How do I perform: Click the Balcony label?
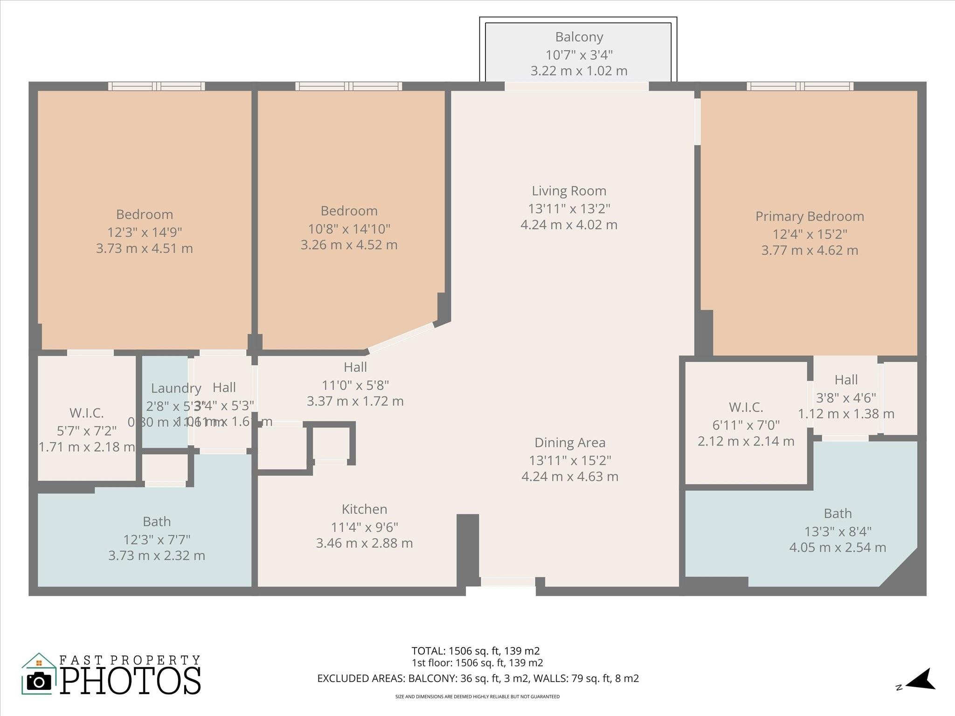click(x=579, y=37)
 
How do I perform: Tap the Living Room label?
click(x=569, y=191)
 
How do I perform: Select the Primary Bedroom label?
click(x=810, y=216)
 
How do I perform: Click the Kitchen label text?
click(x=364, y=509)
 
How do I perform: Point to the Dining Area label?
click(x=570, y=442)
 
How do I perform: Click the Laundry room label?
click(x=176, y=388)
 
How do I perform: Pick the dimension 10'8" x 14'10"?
click(x=349, y=229)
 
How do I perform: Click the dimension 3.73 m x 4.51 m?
click(x=144, y=248)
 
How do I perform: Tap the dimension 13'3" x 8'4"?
click(x=837, y=531)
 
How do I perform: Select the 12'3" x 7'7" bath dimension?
click(x=157, y=539)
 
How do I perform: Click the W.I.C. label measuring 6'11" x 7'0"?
click(x=746, y=407)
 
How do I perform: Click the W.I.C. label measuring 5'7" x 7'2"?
click(x=86, y=413)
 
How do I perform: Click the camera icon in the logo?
click(x=39, y=682)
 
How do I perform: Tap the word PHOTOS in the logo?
click(x=131, y=681)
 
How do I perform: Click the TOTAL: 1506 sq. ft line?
click(x=475, y=651)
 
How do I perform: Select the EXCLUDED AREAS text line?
click(x=477, y=678)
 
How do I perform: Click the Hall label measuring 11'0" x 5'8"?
click(x=355, y=367)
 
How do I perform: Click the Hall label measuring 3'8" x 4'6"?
click(x=846, y=380)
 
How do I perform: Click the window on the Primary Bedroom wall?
click(x=800, y=86)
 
